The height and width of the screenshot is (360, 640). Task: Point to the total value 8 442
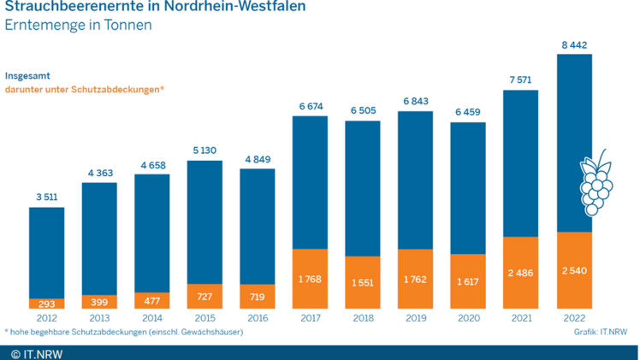574,45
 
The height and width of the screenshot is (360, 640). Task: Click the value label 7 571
521,80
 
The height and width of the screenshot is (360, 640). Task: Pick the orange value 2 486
521,273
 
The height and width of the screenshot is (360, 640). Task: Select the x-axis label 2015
204,316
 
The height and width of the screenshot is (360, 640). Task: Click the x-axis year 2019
415,316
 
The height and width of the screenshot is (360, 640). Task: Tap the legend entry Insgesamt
27,75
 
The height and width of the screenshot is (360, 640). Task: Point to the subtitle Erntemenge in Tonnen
78,26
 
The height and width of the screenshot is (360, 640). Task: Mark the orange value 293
46,304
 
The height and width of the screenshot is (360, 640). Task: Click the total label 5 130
204,150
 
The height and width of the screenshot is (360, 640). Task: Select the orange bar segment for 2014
151,300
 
